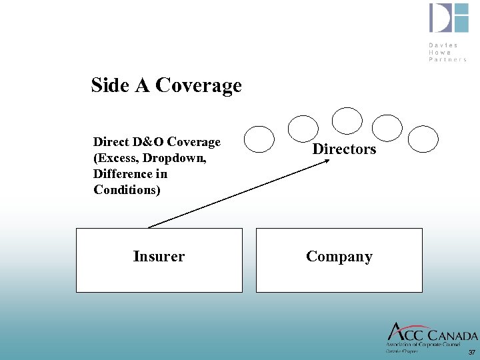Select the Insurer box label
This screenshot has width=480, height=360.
click(x=159, y=257)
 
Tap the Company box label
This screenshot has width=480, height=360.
click(x=339, y=257)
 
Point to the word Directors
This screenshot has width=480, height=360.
click(x=344, y=149)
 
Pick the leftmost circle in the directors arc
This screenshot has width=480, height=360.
click(x=259, y=139)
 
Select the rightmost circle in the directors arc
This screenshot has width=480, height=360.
click(x=423, y=139)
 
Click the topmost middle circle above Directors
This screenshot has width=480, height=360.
click(x=347, y=121)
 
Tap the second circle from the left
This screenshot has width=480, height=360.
click(x=303, y=127)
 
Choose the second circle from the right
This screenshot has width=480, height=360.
click(x=387, y=127)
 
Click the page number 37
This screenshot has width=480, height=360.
click(x=472, y=352)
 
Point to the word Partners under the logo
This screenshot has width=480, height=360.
click(x=447, y=59)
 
